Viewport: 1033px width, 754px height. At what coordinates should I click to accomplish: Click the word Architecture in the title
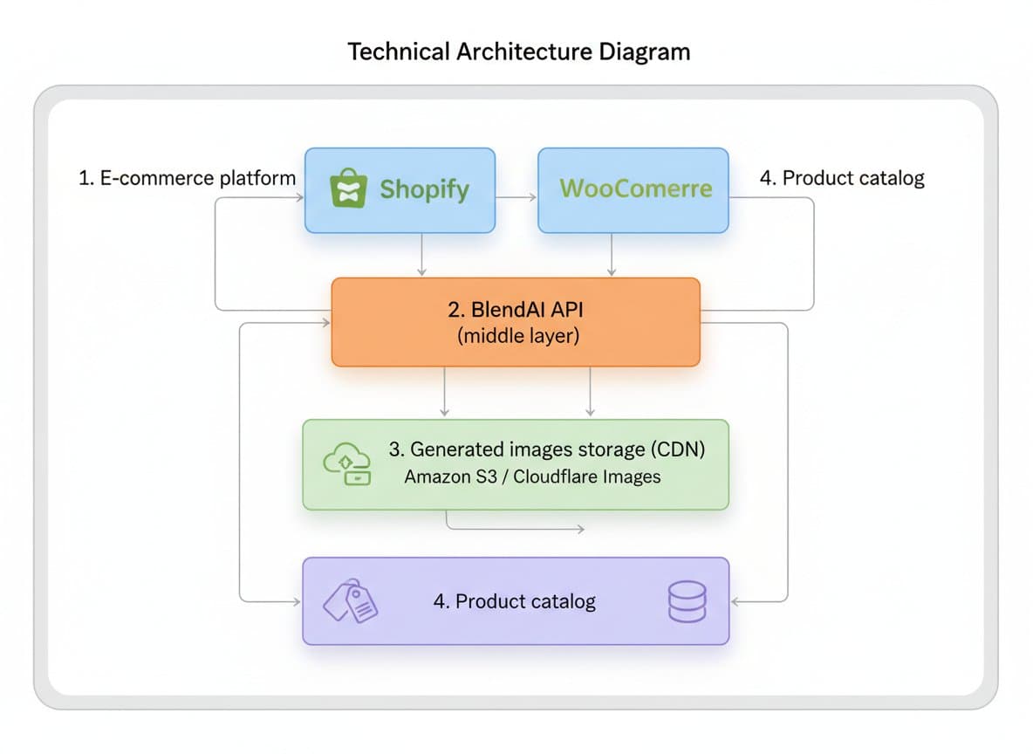click(520, 51)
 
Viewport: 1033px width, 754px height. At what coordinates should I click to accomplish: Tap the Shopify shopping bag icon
click(347, 189)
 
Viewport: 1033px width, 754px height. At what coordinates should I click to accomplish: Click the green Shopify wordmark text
click(424, 189)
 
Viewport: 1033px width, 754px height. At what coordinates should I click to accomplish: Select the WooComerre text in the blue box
click(635, 188)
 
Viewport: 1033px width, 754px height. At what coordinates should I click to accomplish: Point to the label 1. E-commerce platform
click(187, 178)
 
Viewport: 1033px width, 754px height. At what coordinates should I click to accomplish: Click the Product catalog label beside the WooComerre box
click(841, 178)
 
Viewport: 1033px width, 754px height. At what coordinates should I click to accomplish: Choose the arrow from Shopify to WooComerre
click(516, 198)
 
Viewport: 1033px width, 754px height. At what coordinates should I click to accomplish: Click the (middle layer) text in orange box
click(517, 335)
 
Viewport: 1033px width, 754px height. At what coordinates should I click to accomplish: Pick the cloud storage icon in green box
click(347, 464)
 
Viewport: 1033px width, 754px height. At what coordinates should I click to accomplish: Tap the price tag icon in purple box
click(351, 600)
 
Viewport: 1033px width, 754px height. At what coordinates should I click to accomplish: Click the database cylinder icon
click(686, 601)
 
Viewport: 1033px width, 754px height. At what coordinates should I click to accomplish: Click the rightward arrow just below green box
click(515, 528)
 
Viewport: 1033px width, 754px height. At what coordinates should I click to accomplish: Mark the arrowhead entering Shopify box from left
click(298, 198)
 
